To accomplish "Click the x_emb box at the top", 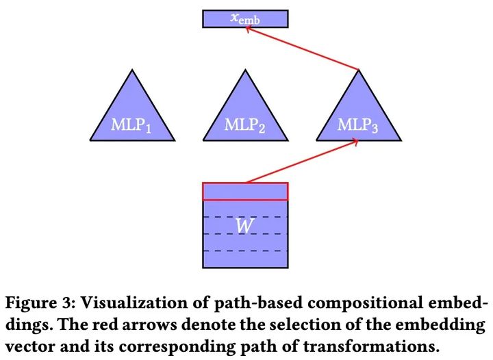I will click(x=245, y=18).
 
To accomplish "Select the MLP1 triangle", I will click(x=132, y=116).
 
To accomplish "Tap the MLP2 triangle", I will click(x=245, y=116).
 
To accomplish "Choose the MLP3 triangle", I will click(x=358, y=116).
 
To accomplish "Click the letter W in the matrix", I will click(x=244, y=226).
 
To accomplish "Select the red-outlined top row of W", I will click(x=245, y=191).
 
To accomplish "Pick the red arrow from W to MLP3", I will click(x=301, y=162).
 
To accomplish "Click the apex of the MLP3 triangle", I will click(x=358, y=70).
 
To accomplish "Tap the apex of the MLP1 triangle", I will click(x=132, y=70).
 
